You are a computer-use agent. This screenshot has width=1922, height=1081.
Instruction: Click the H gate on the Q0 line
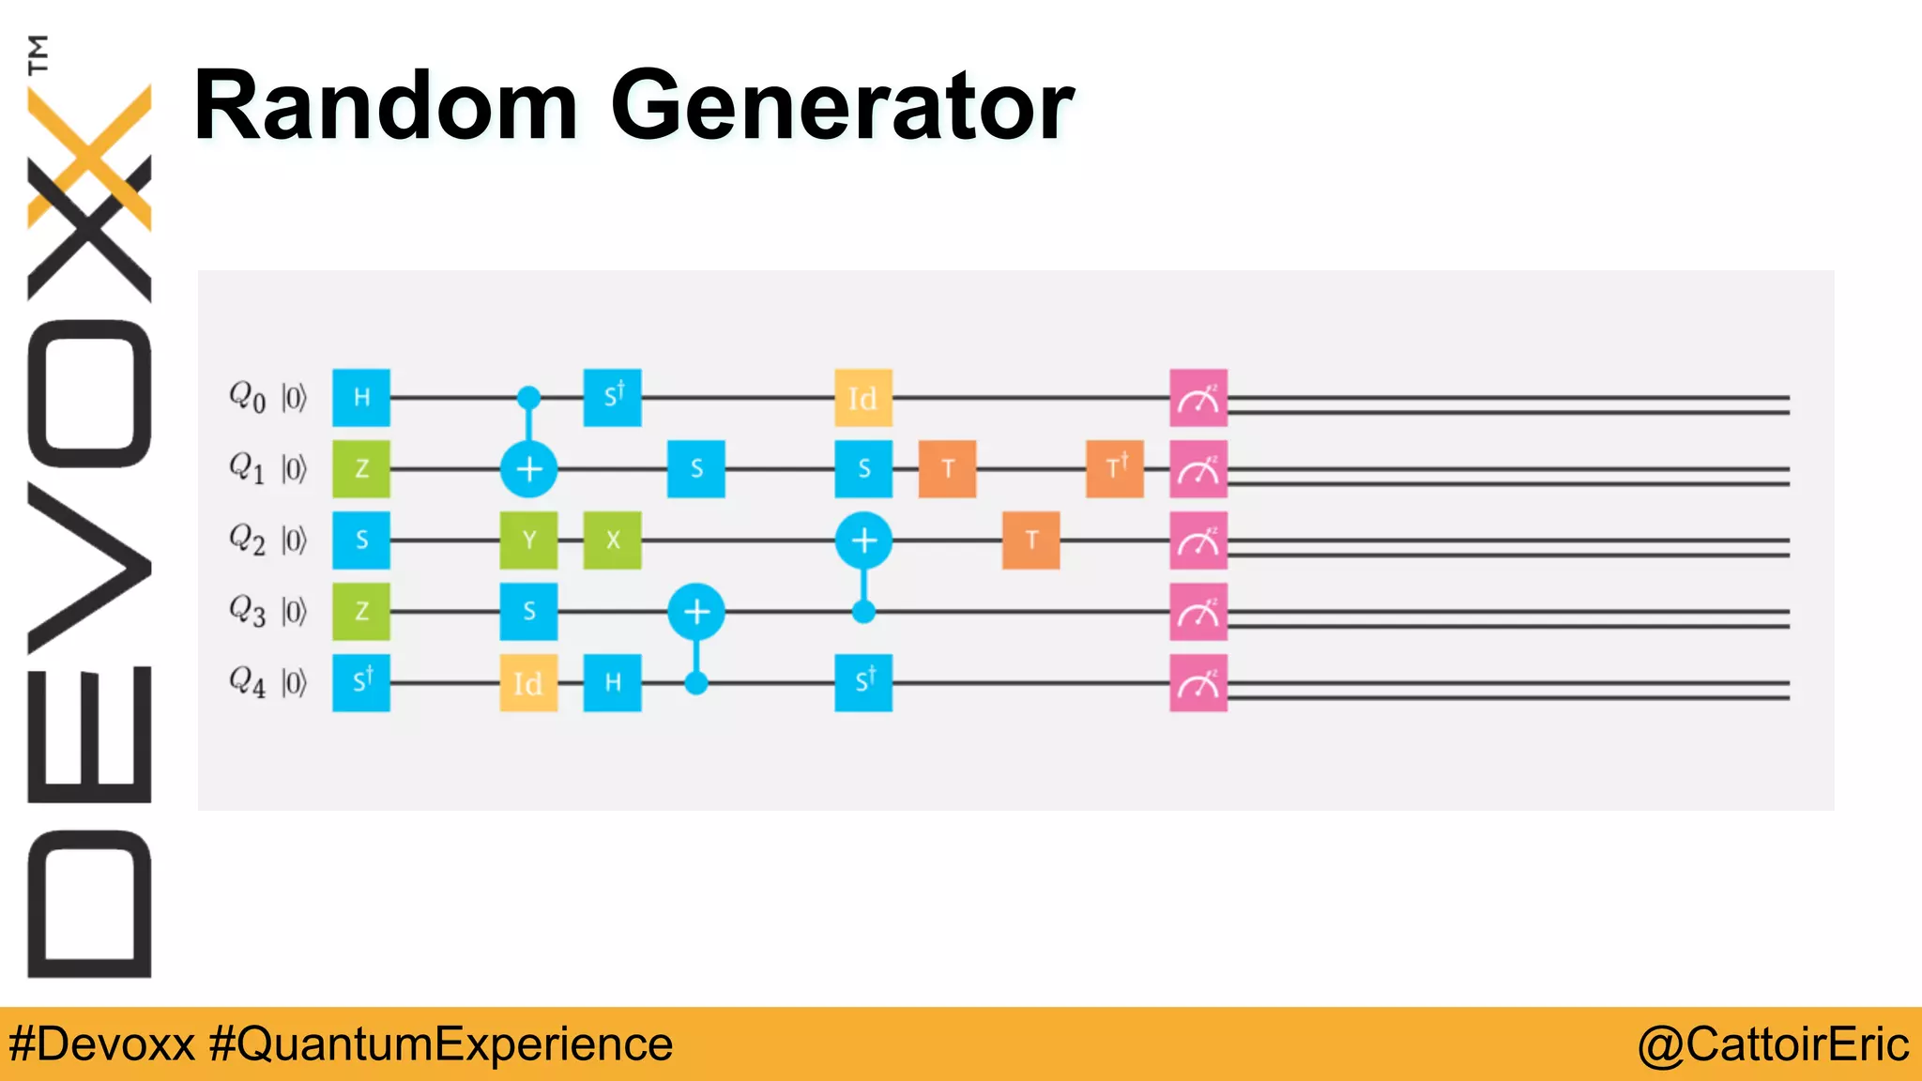[x=361, y=398]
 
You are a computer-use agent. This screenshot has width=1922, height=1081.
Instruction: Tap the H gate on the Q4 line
[x=612, y=682]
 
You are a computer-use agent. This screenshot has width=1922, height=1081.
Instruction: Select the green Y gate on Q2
[x=528, y=540]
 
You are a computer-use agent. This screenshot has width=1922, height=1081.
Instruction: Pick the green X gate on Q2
[x=612, y=540]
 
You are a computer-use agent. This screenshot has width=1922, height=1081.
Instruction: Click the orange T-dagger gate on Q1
[x=1115, y=469]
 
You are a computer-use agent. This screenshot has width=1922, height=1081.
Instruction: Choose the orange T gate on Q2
[x=1031, y=540]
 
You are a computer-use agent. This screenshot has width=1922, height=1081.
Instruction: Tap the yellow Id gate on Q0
[x=863, y=398]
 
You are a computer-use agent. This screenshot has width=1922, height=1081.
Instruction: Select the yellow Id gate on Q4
[x=528, y=682]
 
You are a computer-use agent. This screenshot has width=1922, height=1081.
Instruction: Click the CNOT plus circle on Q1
[x=528, y=469]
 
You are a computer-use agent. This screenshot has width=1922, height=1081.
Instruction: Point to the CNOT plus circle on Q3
[x=695, y=612]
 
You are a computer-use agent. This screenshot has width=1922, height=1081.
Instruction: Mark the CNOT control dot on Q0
[x=528, y=398]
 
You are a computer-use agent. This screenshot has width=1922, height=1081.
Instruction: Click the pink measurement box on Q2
[x=1198, y=540]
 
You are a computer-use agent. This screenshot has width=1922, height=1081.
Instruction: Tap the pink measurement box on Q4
[x=1198, y=682]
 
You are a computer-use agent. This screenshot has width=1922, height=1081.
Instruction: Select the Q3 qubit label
[x=248, y=612]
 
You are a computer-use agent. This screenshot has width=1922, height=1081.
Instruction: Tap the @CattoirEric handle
[x=1772, y=1044]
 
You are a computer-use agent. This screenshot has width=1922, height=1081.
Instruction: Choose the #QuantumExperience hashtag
[x=441, y=1044]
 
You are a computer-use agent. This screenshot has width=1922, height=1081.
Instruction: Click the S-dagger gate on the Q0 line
[x=612, y=398]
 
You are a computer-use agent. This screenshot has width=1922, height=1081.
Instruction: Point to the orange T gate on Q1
[x=947, y=469]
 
